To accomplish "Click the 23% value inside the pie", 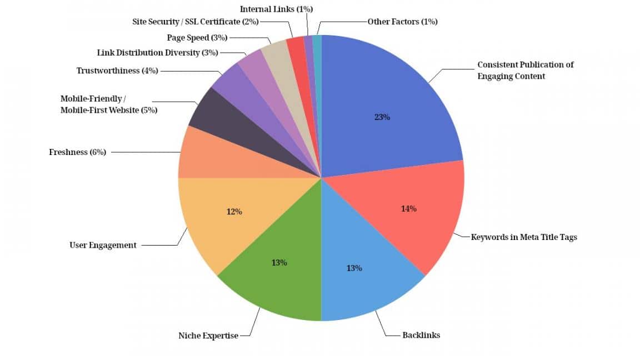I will (382, 117).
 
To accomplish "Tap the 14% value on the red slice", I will (408, 209).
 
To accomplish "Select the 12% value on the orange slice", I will (234, 212).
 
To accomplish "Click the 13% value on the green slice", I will (279, 262).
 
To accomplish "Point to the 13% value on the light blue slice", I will (354, 268).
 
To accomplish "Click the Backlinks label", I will (421, 335).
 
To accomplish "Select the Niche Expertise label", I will (208, 336).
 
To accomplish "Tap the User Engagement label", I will (103, 245).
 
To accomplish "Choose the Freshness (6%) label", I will (77, 152).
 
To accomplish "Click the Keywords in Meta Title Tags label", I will (524, 237).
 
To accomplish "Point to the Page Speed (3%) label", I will (197, 37).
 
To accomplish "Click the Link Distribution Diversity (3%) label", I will (157, 53).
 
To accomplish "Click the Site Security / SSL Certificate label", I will (196, 22).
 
